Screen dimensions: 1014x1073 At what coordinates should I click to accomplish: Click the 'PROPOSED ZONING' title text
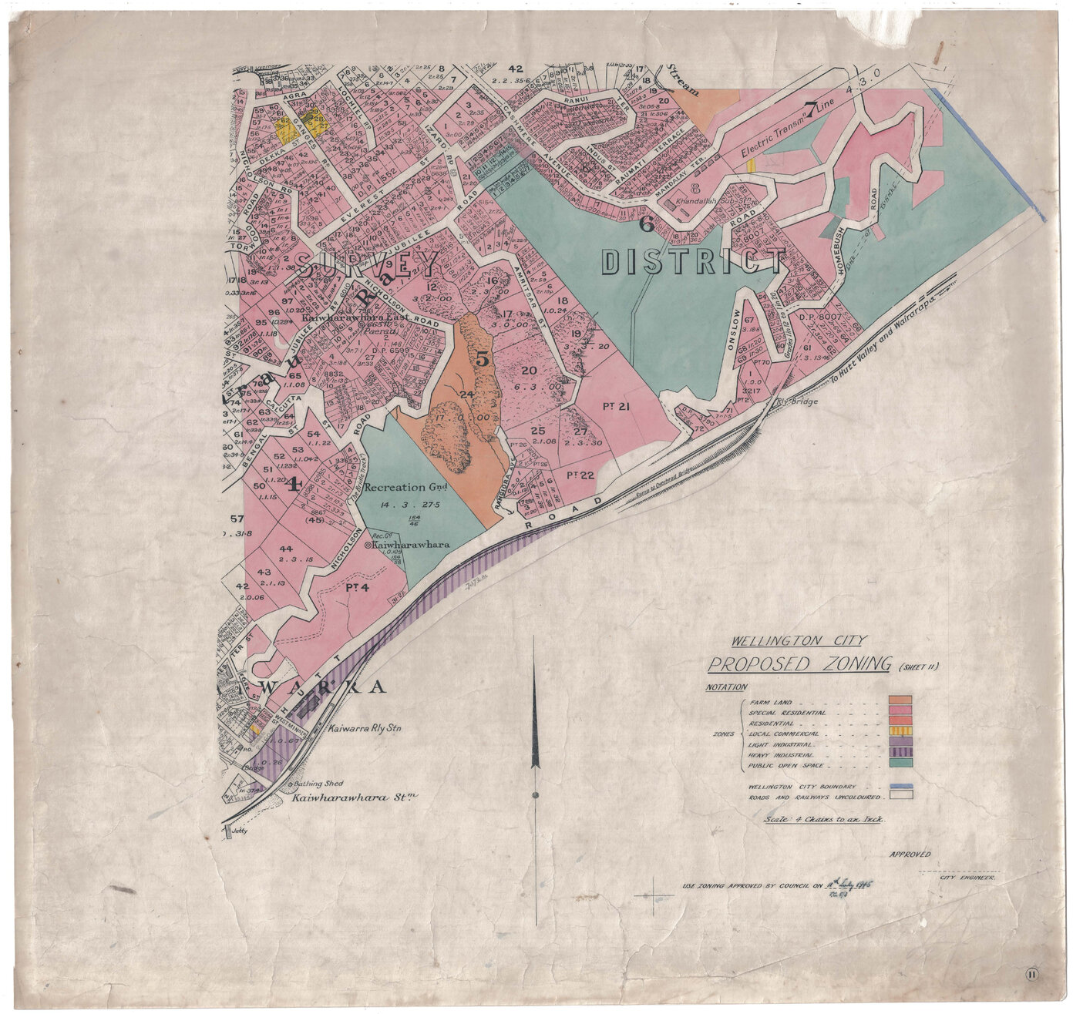(x=799, y=664)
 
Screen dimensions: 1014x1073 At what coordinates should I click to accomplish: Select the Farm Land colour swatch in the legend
(x=900, y=701)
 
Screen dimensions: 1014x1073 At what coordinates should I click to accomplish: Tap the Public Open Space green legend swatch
(x=900, y=763)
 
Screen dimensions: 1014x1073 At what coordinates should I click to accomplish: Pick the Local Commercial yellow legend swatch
(x=900, y=731)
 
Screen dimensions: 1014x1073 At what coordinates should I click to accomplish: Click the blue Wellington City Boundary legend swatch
(x=900, y=786)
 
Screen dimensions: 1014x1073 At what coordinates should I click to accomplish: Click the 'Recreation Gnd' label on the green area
(x=396, y=487)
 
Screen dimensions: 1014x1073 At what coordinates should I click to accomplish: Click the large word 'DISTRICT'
(x=693, y=262)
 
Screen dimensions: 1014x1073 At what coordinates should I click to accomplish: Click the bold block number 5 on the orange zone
(x=483, y=358)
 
